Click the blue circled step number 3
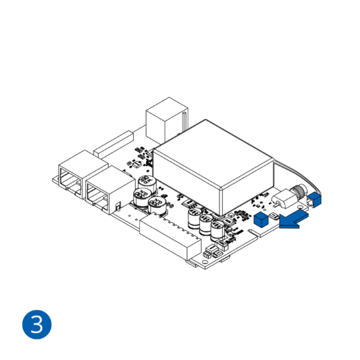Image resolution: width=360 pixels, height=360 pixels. point(37,324)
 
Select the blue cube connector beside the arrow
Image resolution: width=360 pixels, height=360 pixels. point(262,219)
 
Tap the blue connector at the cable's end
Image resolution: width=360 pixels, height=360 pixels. point(315,199)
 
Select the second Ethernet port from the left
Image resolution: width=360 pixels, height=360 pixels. point(100,190)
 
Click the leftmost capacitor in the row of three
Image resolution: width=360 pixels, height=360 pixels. point(195,220)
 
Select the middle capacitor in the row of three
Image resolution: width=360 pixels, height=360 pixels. point(206,226)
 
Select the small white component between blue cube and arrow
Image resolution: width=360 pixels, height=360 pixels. point(276,217)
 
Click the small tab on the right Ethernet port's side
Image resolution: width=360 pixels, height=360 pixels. point(118,206)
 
